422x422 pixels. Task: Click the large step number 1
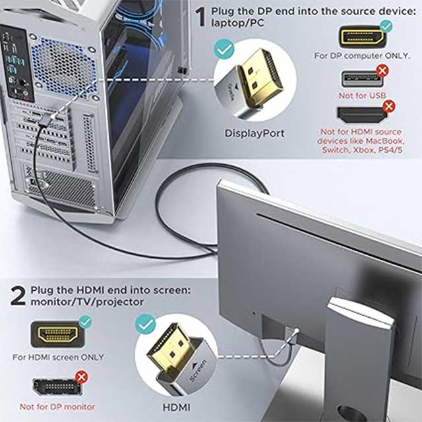coord(200,17)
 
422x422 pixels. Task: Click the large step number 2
coord(18,295)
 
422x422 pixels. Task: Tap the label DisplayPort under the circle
coord(255,133)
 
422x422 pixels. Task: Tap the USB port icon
coord(362,79)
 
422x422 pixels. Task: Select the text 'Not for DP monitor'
coord(57,407)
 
